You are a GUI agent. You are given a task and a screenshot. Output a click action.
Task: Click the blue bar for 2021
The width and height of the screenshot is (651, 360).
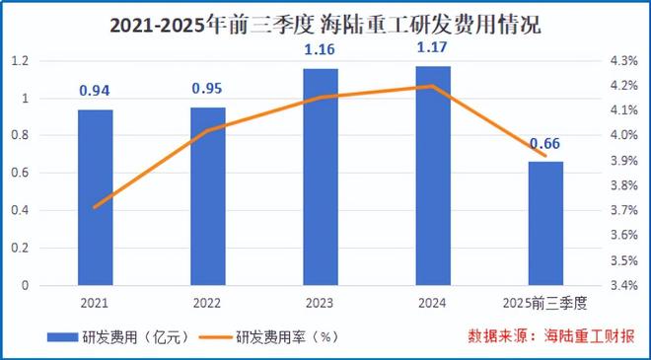coord(96,197)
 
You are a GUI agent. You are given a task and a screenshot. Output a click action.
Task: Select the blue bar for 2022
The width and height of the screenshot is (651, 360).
coord(208,196)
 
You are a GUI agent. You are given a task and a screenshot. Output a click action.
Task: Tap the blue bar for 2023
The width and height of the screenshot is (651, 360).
coord(321,178)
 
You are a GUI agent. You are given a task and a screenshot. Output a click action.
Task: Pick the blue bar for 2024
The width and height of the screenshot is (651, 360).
coord(433,177)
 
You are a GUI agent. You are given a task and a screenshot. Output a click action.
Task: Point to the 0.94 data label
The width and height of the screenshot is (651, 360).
coord(96,92)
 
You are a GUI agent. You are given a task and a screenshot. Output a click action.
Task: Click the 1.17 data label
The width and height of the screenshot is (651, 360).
coord(433,47)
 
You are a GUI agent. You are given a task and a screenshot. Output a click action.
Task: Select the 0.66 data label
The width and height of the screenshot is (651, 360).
coord(545,144)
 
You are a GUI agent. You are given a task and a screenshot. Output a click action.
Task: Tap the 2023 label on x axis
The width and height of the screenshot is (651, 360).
coord(321,302)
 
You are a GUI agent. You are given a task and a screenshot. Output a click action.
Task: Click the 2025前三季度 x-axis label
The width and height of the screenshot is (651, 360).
coord(545,302)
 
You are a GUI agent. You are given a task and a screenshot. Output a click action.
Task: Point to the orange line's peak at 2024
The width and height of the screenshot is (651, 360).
coord(433,86)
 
